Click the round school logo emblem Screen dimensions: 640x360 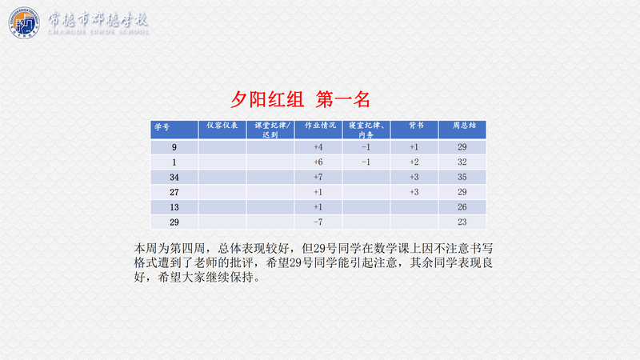[x=24, y=22]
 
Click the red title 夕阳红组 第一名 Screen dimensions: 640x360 [x=301, y=99]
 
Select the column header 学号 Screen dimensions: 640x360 [x=162, y=127]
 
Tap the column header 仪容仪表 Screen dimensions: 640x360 [x=222, y=126]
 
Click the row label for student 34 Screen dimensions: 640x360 [x=174, y=177]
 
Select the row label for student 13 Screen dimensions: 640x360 [x=174, y=207]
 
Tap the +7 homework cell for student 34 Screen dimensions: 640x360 [x=318, y=177]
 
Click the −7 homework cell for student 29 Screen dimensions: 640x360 [x=318, y=222]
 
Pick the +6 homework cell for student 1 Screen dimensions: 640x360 [x=318, y=162]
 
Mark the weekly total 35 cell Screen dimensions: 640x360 [x=462, y=177]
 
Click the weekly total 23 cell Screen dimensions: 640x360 [x=462, y=222]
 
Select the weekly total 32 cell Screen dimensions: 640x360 [x=462, y=162]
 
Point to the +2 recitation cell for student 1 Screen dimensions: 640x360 [x=414, y=162]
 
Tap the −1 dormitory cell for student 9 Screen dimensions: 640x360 [x=366, y=147]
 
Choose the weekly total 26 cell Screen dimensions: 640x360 [x=462, y=207]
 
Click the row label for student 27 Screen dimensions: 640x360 [x=174, y=192]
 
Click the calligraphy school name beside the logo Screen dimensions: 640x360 [x=98, y=22]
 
